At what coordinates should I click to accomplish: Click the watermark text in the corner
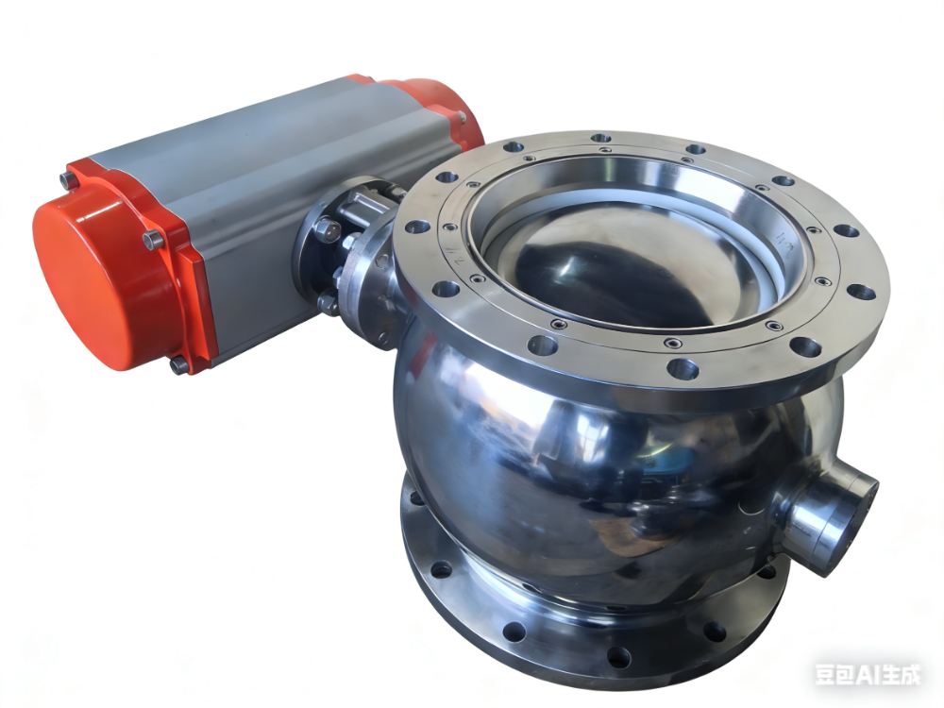868,674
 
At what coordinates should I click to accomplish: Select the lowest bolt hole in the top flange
683,368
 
